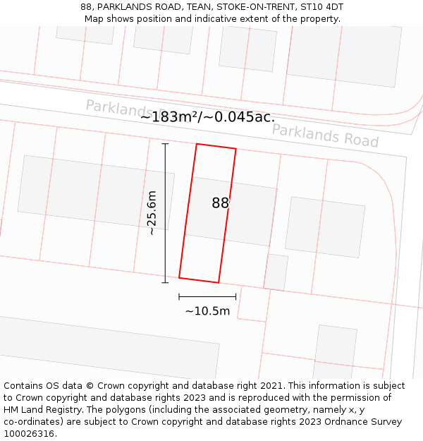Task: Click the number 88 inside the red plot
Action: tap(220, 203)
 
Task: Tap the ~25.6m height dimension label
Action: tap(151, 213)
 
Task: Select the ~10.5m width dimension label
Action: tap(207, 311)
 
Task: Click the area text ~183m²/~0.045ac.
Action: tap(207, 117)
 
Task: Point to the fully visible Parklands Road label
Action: tap(325, 135)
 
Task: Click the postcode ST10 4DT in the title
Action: tap(322, 7)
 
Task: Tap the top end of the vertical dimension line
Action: tap(166, 144)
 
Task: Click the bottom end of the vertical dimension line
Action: tap(166, 283)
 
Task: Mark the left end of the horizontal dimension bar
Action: tap(179, 297)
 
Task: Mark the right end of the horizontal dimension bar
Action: tap(235, 297)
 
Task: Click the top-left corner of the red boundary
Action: tap(197, 144)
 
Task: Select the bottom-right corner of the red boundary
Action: tap(219, 283)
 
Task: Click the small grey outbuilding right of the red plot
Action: tap(276, 272)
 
